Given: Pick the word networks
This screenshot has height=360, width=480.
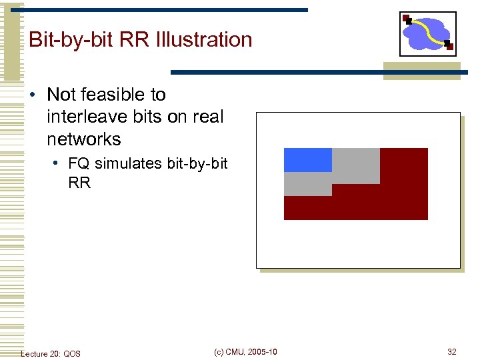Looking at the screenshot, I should point(84,139).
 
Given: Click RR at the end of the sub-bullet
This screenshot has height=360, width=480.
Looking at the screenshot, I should point(79,182).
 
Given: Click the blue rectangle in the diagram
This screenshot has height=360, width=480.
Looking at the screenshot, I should point(307,160).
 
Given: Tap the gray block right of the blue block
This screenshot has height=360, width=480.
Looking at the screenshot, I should point(355,165).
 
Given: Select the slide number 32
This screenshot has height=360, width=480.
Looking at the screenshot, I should point(452,352).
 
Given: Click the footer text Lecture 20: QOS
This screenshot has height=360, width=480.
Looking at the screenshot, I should point(51,353).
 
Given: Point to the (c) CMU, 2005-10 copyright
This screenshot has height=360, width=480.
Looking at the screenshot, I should point(246,352).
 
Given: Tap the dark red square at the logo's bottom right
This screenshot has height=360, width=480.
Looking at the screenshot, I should point(449,46).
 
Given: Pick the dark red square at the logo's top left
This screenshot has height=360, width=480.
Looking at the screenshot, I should point(406,18).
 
